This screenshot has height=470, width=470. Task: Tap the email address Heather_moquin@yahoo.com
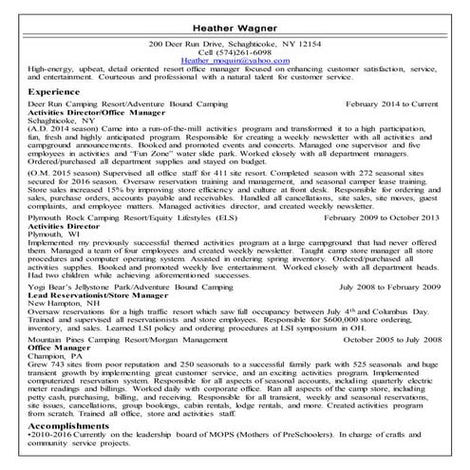(x=235, y=60)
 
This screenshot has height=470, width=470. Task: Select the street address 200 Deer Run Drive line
(x=235, y=44)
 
